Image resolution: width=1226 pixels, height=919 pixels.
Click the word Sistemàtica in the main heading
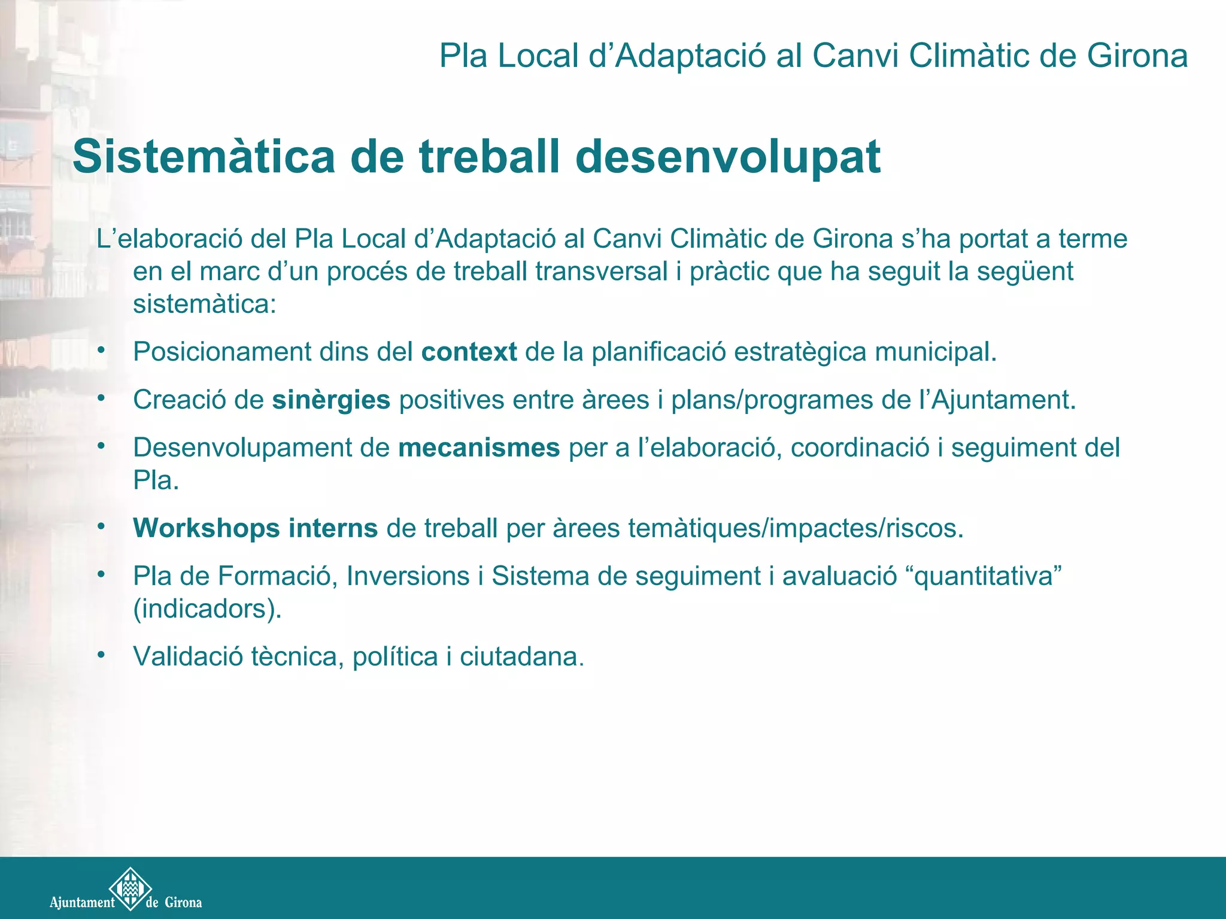tap(204, 157)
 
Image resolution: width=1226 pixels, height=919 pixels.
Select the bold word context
tap(469, 352)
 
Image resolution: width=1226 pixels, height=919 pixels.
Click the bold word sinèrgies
tap(331, 400)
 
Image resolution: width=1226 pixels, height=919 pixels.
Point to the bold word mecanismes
tap(479, 448)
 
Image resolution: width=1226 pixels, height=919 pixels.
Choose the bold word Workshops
tap(207, 528)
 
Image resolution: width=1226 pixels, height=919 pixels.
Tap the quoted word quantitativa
tap(984, 576)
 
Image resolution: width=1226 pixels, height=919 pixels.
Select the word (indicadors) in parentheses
tap(207, 609)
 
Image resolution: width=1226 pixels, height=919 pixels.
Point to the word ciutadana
tap(521, 656)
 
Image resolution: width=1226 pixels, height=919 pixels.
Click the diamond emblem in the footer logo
tap(130, 888)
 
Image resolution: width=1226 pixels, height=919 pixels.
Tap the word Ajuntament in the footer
tap(82, 902)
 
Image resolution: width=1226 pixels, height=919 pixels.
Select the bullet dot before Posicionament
tap(102, 349)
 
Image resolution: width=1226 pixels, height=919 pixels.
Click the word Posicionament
tap(222, 352)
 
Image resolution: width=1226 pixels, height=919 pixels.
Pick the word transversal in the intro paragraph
tap(601, 272)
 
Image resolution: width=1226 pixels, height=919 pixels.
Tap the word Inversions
tap(408, 576)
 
